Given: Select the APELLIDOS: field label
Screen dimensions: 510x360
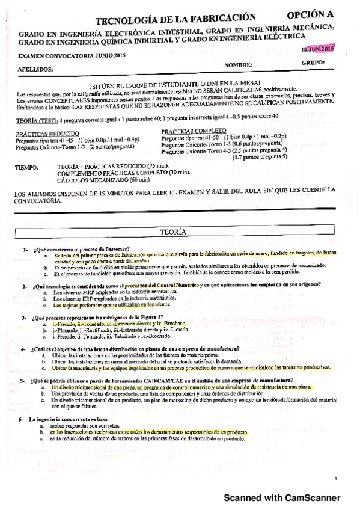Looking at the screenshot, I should coord(35,69).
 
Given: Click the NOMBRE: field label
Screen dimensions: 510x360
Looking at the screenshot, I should coord(239,64).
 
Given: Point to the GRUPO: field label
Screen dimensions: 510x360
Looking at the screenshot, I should coord(313,62).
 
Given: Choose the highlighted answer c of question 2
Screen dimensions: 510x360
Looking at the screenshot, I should coord(113,305).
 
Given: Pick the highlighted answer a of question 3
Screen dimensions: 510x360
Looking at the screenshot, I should coord(120,324).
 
